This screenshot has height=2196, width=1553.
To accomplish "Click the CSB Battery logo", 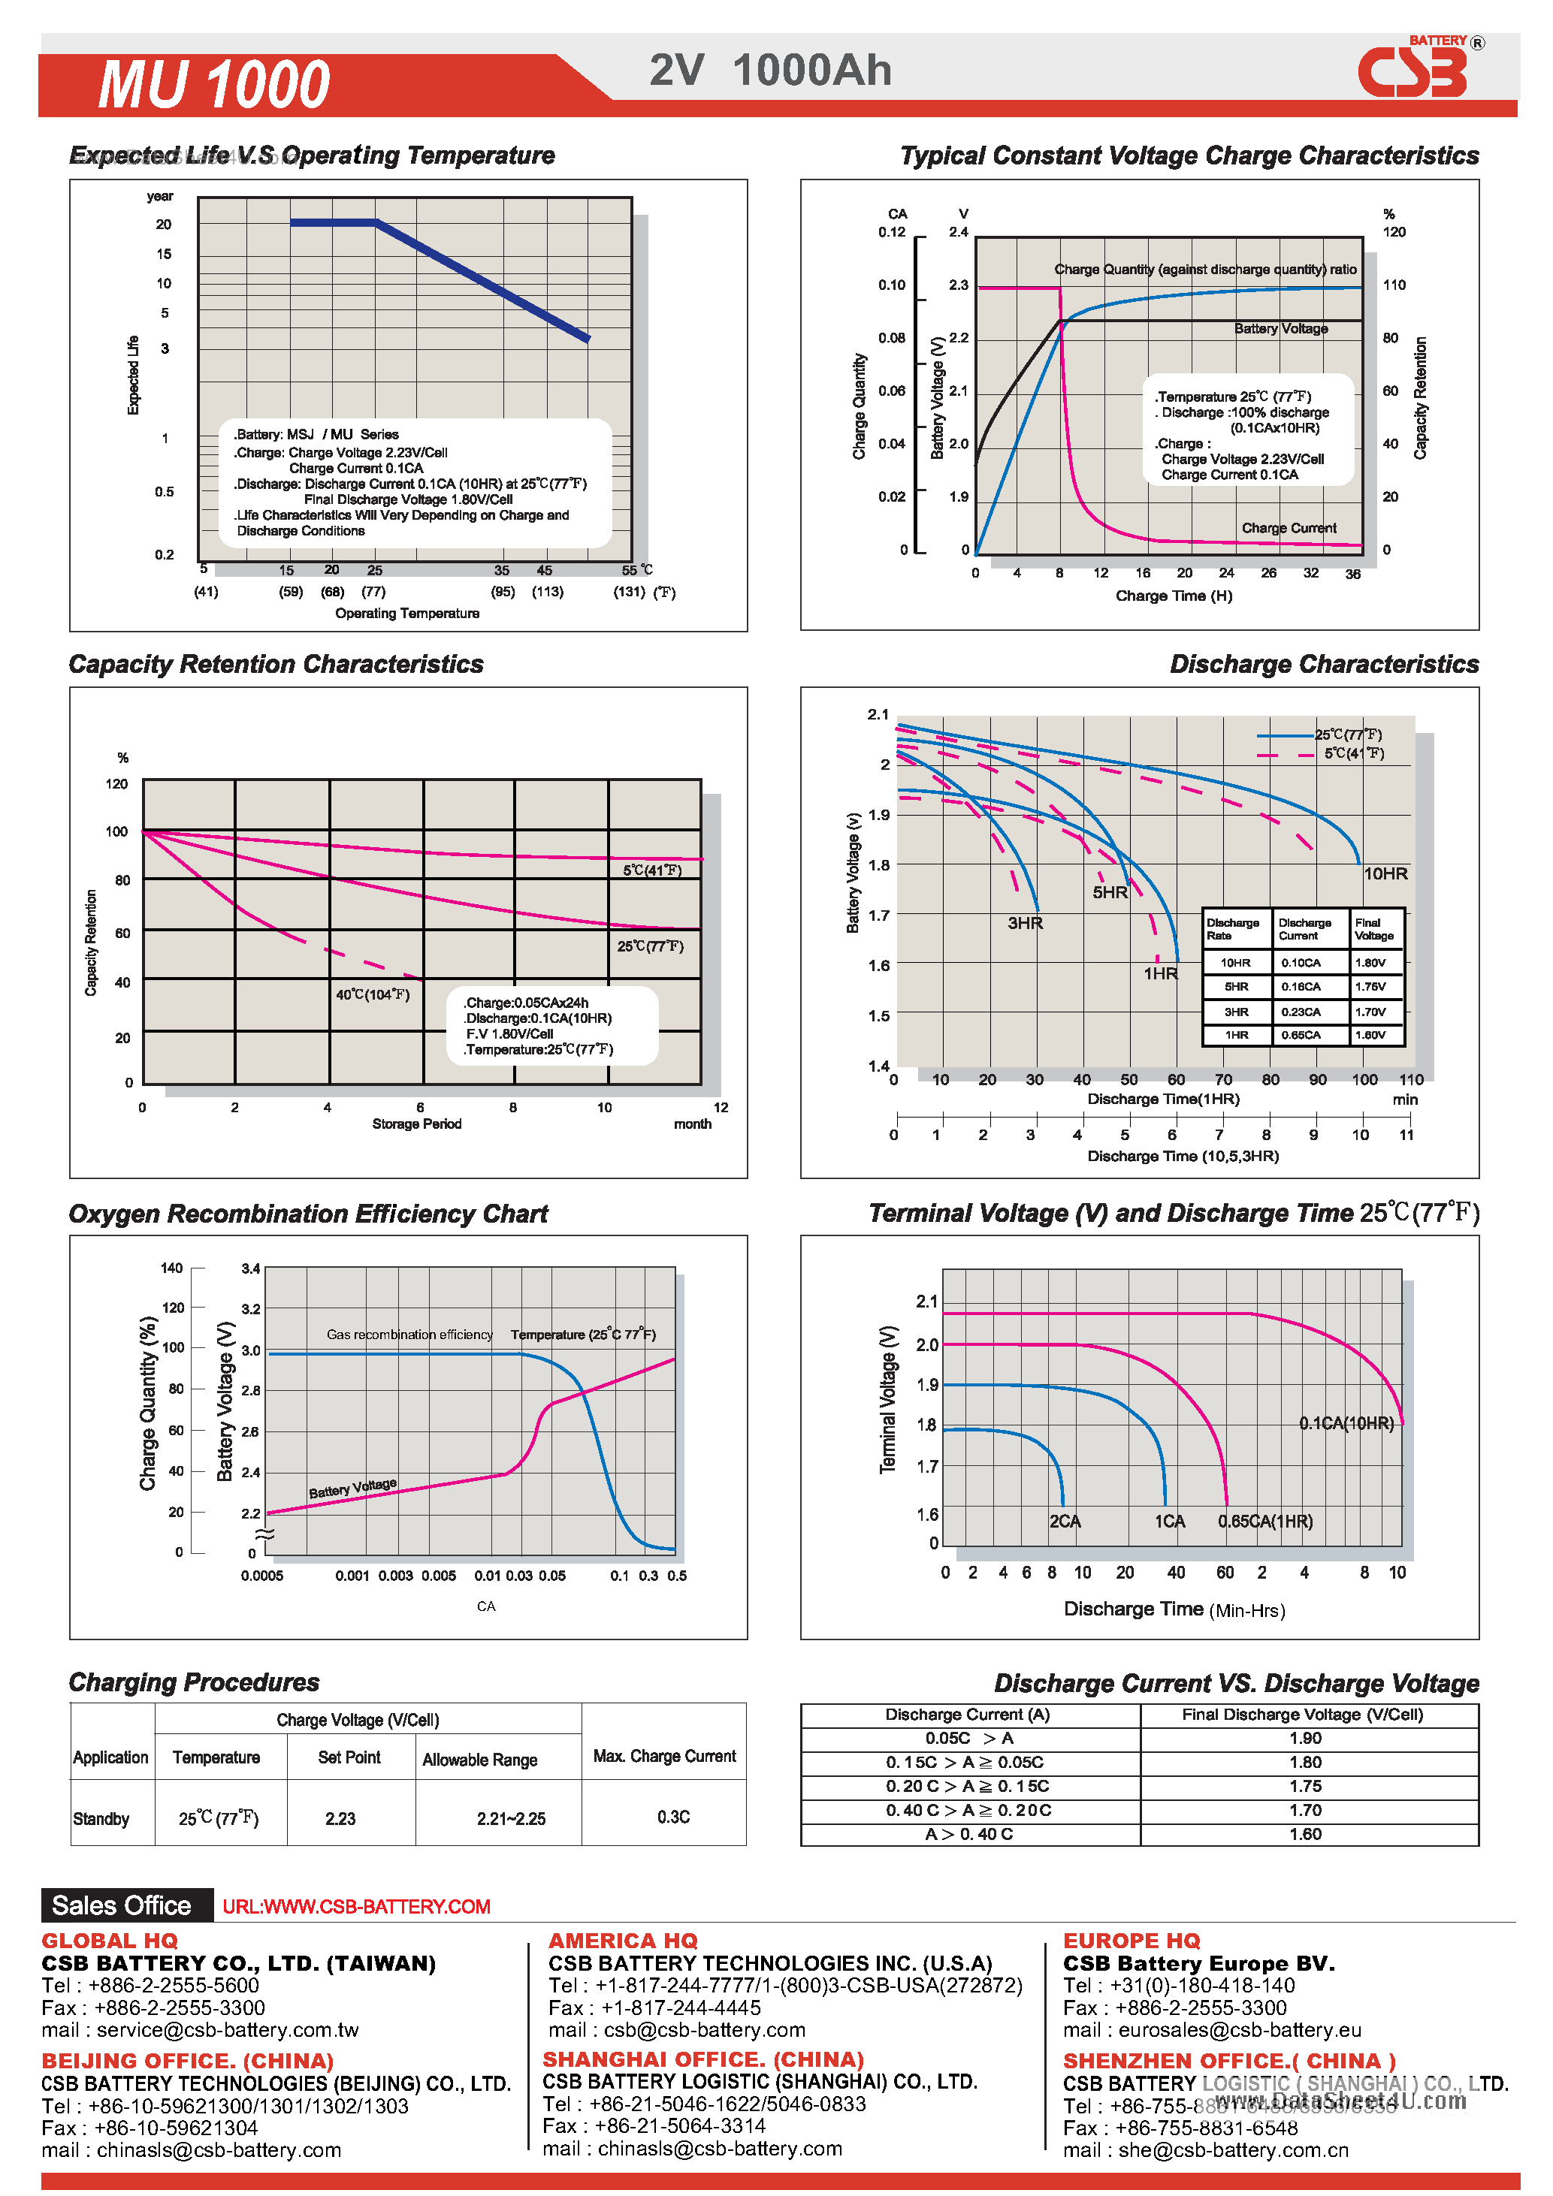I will click(1414, 71).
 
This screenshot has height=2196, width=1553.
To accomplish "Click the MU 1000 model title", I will click(213, 84).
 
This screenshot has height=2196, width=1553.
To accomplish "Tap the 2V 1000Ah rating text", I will click(770, 71).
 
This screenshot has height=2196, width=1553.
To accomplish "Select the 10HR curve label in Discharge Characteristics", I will click(1385, 873).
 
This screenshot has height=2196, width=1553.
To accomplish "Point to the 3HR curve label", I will click(1025, 923).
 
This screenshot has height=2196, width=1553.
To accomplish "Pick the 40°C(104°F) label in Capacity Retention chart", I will click(372, 994).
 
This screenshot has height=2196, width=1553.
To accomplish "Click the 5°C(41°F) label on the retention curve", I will click(651, 870).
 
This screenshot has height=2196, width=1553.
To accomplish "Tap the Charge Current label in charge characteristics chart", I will click(1288, 528).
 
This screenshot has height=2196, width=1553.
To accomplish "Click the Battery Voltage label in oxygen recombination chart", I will click(352, 1489).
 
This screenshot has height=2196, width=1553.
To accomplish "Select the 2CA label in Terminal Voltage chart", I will click(1064, 1521).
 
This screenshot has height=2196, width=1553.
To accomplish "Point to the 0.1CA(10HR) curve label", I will click(1346, 1423).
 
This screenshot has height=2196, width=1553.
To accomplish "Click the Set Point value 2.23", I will click(340, 1818).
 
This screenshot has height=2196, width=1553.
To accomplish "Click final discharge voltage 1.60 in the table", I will click(1304, 1833).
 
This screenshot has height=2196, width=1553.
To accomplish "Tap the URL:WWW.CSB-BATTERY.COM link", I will click(356, 1906).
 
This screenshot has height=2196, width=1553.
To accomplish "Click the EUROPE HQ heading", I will click(1131, 1941).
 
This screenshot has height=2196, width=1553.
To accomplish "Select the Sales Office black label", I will click(122, 1905).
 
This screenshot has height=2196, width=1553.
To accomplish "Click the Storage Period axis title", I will click(416, 1124).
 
